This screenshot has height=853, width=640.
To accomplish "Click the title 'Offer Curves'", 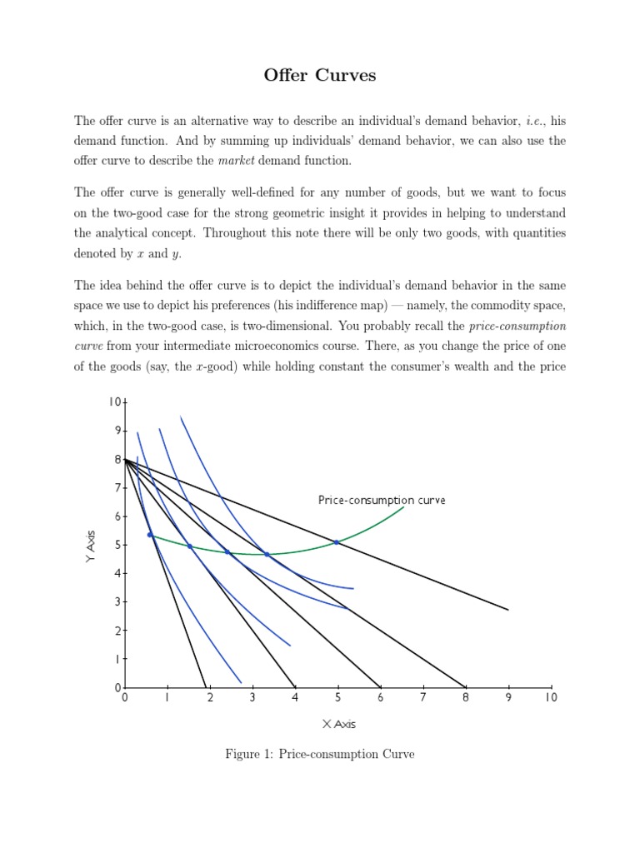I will pos(320,76).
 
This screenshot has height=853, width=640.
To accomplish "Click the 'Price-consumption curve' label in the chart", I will pos(382,500).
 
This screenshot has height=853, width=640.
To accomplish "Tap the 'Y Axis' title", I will pos(91,546).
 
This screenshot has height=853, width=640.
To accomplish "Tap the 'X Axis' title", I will pos(338,724).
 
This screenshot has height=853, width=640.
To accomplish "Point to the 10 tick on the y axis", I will pos(113,402).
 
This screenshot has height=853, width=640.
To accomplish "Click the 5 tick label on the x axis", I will pos(337,697).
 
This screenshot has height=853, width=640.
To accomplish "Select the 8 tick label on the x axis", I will pos(465,697).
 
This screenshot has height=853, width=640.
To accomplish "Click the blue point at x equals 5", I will pos(337,542).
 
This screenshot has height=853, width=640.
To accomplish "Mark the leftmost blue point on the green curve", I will pos(150,535).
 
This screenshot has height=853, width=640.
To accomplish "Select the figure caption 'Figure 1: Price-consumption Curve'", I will pos(320,754).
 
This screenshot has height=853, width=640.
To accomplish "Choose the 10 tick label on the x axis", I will pos(550,697).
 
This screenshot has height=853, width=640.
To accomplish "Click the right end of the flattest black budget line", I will pos(507,610).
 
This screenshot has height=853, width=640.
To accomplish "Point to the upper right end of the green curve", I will pos(404,506).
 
